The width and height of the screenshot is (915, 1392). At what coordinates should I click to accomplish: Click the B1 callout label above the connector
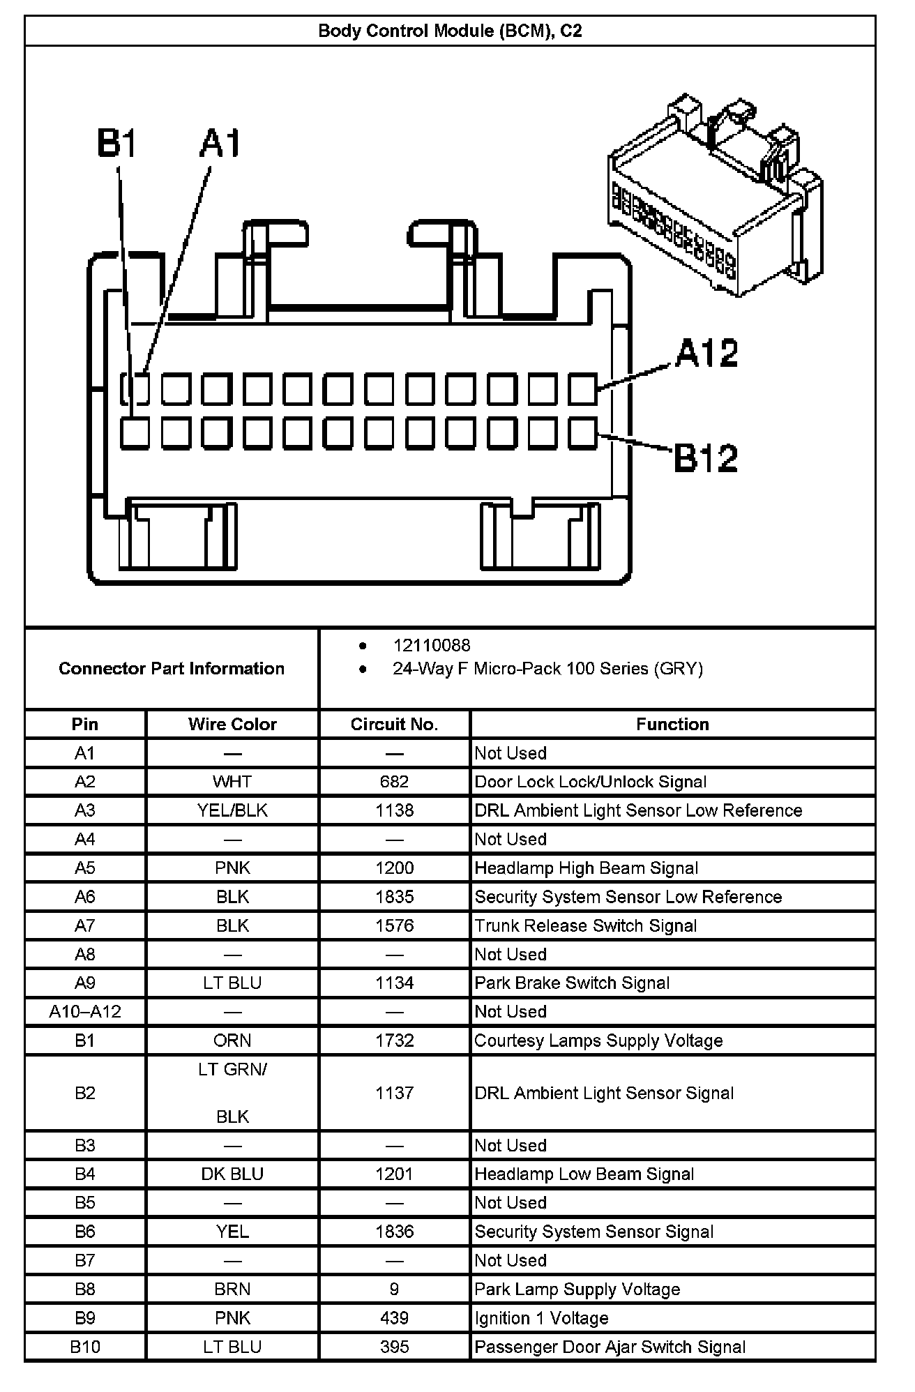click(x=117, y=144)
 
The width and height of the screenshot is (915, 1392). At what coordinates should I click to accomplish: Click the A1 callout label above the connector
click(x=220, y=144)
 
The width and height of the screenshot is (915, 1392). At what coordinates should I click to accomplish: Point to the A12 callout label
click(x=706, y=353)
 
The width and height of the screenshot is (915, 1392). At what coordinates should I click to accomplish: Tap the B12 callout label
click(x=705, y=458)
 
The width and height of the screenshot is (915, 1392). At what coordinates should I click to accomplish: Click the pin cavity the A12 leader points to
click(x=583, y=389)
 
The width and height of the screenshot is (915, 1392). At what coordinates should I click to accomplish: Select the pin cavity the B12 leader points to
click(x=583, y=433)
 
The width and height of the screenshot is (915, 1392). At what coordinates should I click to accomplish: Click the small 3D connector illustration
click(x=716, y=196)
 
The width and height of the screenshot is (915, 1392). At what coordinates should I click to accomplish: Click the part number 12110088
click(x=431, y=646)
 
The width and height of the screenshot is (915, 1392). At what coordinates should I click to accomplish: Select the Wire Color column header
click(x=232, y=724)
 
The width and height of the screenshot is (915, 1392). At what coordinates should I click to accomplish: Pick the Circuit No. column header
click(x=394, y=724)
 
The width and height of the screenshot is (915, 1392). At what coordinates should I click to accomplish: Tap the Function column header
click(x=672, y=724)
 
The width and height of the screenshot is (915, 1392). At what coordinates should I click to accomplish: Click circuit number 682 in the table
click(x=394, y=782)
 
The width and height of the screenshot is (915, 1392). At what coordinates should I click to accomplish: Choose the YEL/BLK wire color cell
click(x=232, y=810)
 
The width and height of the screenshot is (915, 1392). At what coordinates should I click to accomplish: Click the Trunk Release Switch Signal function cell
click(x=586, y=925)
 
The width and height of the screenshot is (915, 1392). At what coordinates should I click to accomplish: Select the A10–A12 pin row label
click(x=85, y=1011)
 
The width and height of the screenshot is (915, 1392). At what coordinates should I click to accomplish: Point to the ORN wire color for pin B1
click(x=232, y=1041)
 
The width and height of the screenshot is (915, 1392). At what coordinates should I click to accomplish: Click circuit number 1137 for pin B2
click(x=394, y=1093)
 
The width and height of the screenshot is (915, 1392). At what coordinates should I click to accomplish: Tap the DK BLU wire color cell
click(x=232, y=1174)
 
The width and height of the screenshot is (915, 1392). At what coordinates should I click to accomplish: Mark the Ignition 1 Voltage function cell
click(x=541, y=1318)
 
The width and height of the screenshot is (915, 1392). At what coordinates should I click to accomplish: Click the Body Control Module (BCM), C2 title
click(x=450, y=31)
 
